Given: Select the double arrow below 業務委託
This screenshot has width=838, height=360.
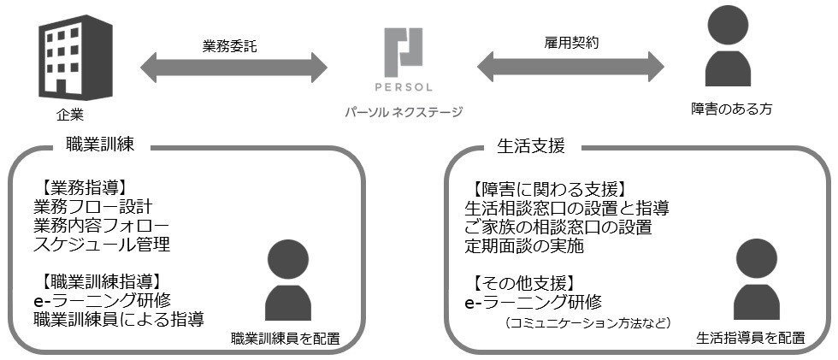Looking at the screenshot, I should pyautogui.click(x=233, y=67).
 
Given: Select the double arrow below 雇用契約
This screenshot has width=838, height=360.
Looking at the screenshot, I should pyautogui.click(x=571, y=67).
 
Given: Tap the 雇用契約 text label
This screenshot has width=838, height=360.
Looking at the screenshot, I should pyautogui.click(x=571, y=41).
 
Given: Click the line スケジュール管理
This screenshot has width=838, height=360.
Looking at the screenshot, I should pyautogui.click(x=102, y=245).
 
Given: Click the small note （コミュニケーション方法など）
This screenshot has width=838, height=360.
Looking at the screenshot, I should pyautogui.click(x=587, y=323).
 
